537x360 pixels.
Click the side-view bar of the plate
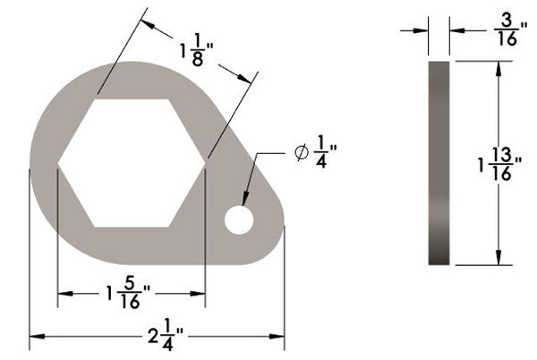tap(439, 163)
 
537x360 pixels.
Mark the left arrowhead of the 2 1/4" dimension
tap(36, 336)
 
